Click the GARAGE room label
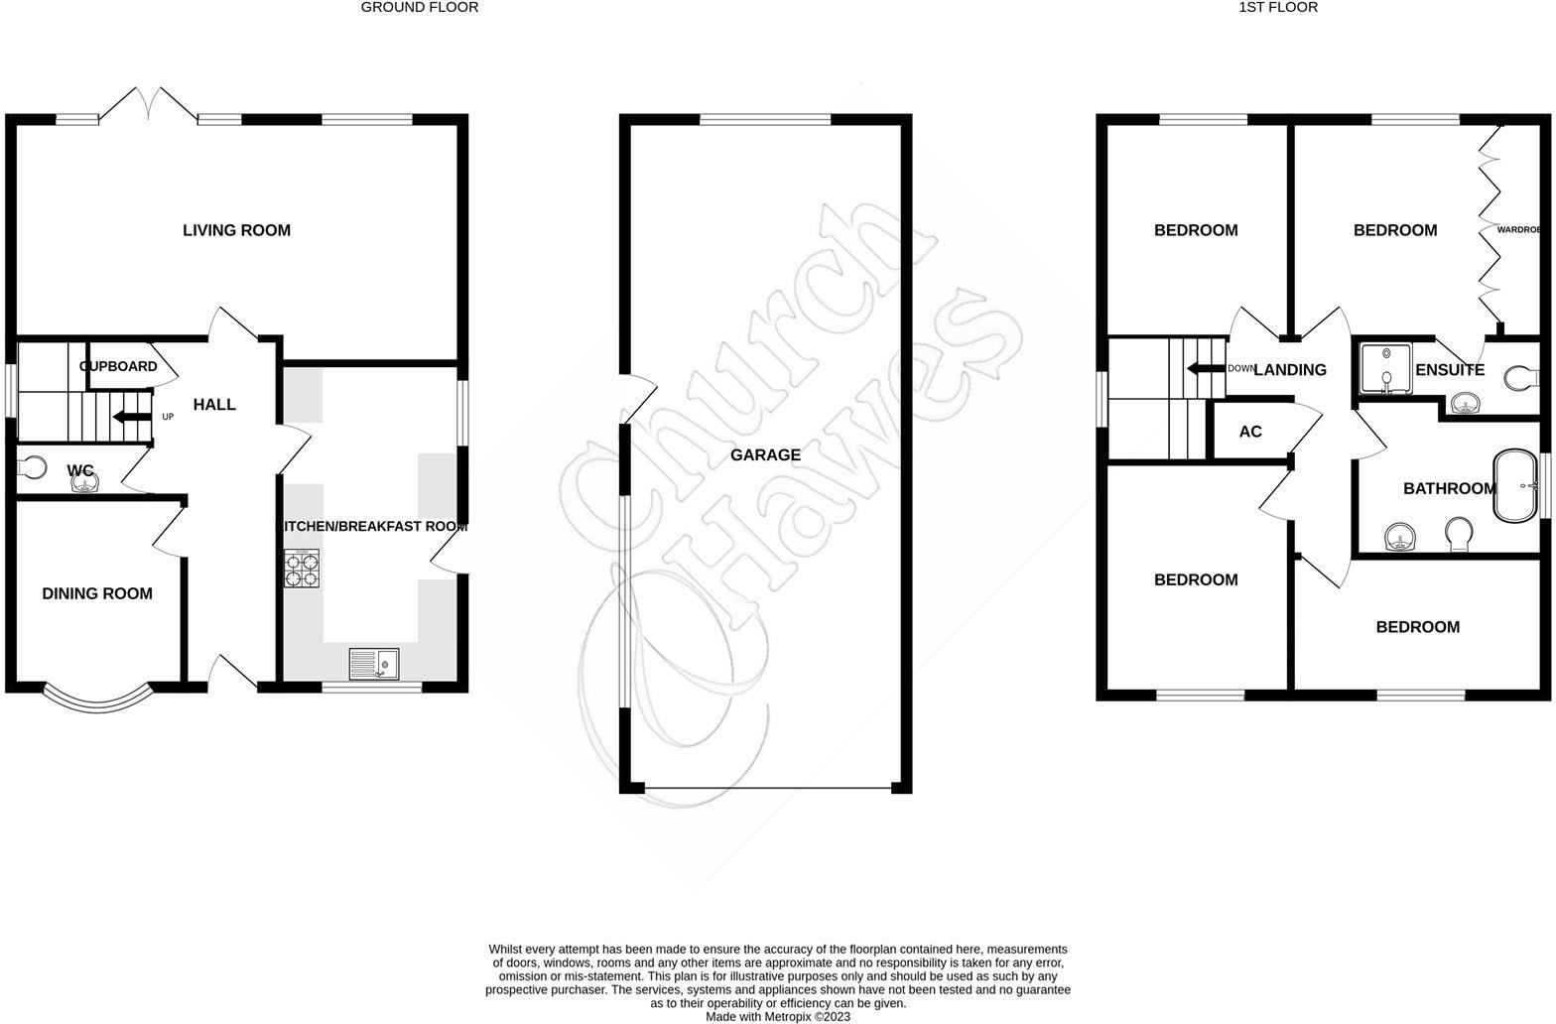click(765, 455)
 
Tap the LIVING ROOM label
click(236, 230)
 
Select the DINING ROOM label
click(97, 593)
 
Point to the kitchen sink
click(373, 663)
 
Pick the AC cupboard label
click(1250, 432)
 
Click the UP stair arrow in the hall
click(130, 417)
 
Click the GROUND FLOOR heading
click(419, 7)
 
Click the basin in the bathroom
click(1400, 539)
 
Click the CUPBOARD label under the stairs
click(118, 366)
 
